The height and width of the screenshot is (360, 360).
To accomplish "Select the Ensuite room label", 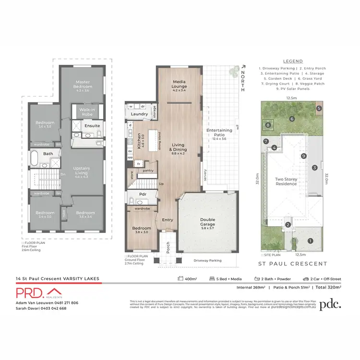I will pyautogui.click(x=92, y=126).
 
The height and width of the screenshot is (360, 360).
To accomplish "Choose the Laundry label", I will pyautogui.click(x=139, y=114).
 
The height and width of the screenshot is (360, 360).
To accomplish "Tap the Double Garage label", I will pyautogui.click(x=208, y=222).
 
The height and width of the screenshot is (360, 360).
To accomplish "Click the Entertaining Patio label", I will pyautogui.click(x=219, y=132).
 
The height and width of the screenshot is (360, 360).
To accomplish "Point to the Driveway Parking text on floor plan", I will pyautogui.click(x=208, y=261).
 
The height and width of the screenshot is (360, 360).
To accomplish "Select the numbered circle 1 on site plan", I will pyautogui.click(x=310, y=241).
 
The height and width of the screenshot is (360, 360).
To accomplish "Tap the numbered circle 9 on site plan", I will pyautogui.click(x=303, y=156).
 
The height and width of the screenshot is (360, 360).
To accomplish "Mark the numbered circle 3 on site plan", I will pyautogui.click(x=314, y=168).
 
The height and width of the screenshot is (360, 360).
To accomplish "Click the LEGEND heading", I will pyautogui.click(x=292, y=61).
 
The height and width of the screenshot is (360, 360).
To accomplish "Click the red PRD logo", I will pyautogui.click(x=37, y=292).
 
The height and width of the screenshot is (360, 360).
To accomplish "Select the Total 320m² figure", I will pyautogui.click(x=328, y=288).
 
